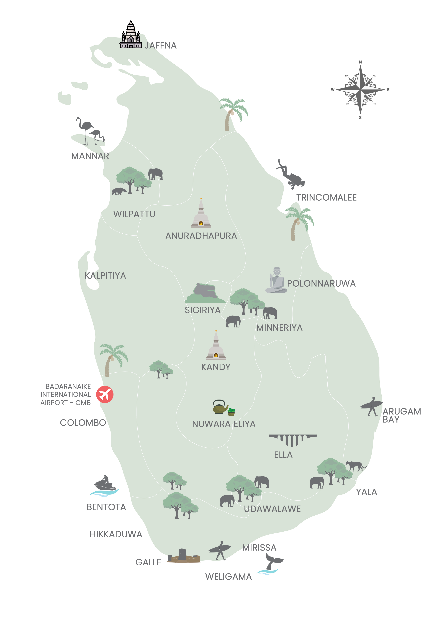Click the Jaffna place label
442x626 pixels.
coord(160,46)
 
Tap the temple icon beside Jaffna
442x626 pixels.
coord(131,36)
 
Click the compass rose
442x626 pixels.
coord(360,90)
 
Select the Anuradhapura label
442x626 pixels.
coord(201,236)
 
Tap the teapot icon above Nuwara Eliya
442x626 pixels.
coord(220,407)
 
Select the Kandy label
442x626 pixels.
coord(216,367)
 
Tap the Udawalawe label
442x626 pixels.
coord(272,509)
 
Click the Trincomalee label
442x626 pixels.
coord(326,197)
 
